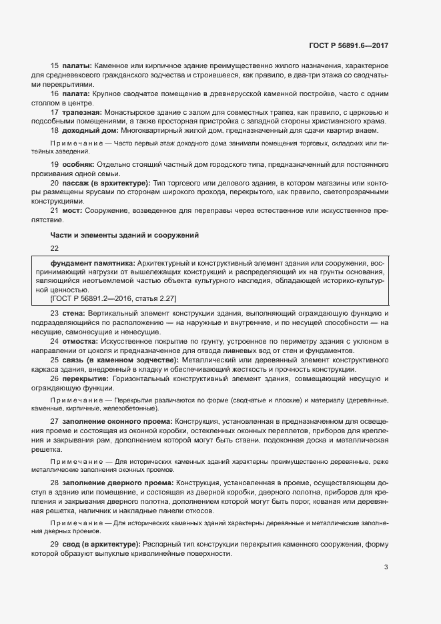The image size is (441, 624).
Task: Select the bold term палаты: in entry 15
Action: pyautogui.click(x=77, y=67)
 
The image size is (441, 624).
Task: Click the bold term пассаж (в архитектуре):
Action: pyautogui.click(x=105, y=184)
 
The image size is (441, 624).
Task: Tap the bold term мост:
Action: pyautogui.click(x=72, y=212)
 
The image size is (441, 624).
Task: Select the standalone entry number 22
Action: pyautogui.click(x=55, y=248)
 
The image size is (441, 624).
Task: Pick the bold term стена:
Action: pyautogui.click(x=75, y=314)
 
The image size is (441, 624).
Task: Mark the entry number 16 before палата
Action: pyautogui.click(x=55, y=95)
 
